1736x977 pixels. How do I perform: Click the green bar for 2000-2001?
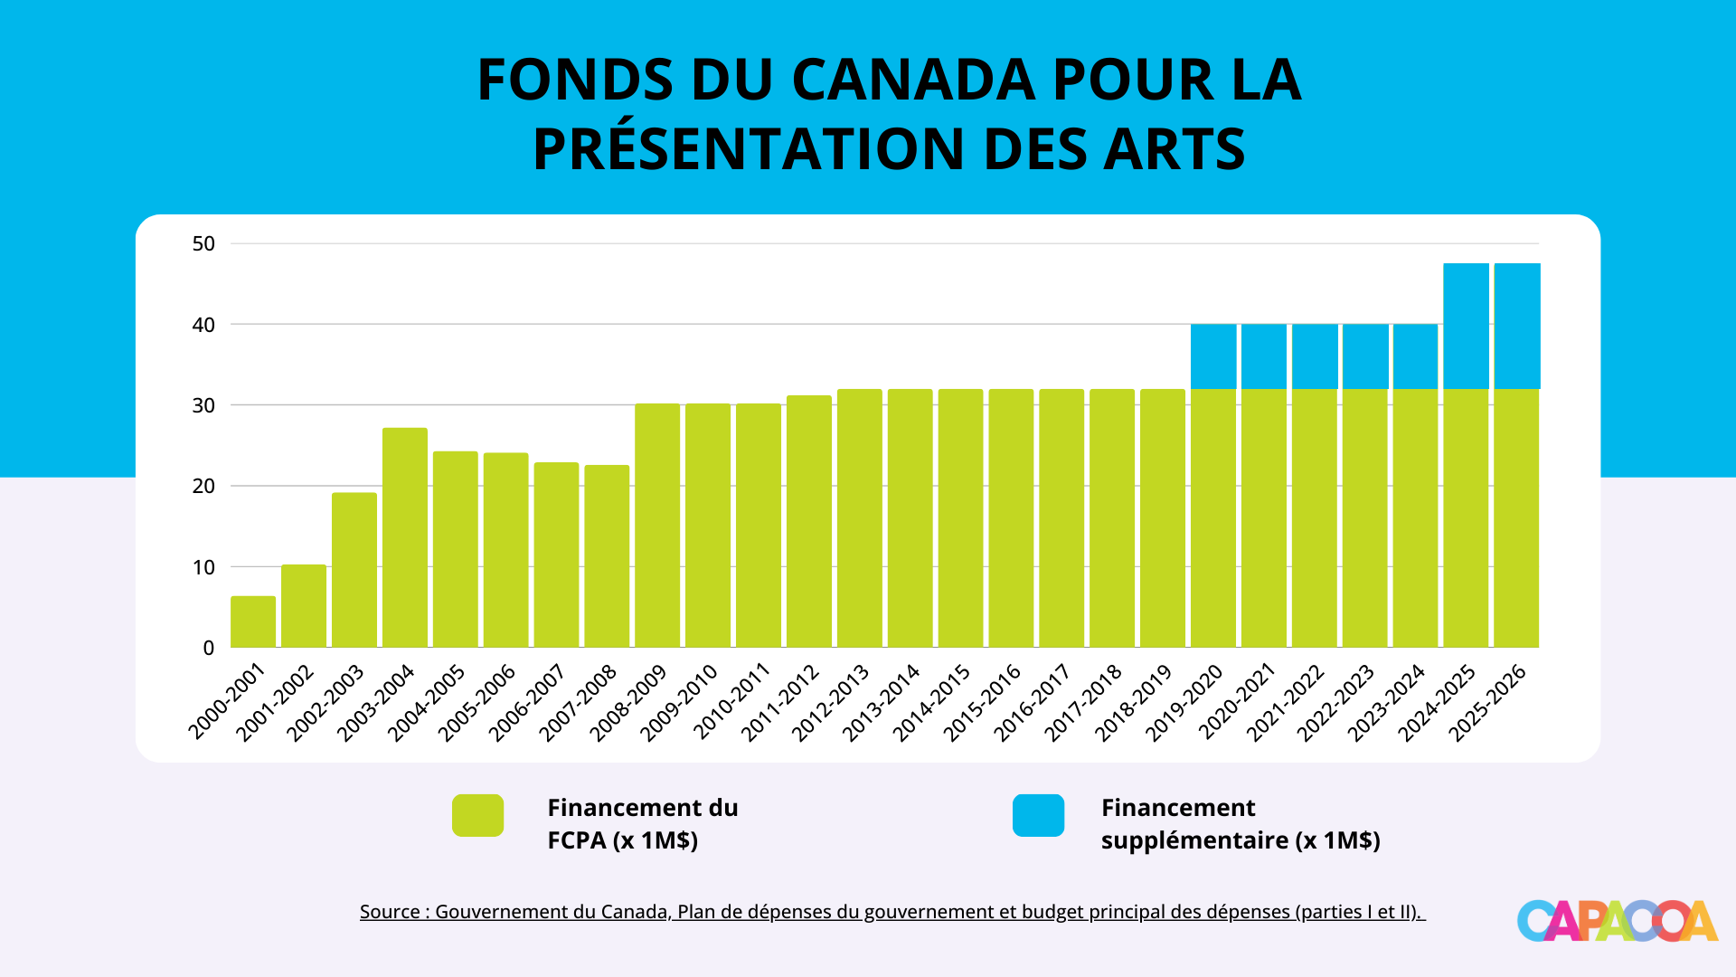pos(253,622)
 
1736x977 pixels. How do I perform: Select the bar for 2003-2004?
pos(405,538)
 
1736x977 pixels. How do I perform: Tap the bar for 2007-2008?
pos(607,556)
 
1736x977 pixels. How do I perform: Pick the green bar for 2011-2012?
pos(809,522)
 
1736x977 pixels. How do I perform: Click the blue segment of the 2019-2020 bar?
pos(1213,356)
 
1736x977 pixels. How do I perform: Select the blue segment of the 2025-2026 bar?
pos(1517,327)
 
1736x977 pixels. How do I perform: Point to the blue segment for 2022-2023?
pos(1365,356)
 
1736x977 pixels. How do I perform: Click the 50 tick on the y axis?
pos(203,243)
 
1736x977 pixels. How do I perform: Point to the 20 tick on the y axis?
pos(203,487)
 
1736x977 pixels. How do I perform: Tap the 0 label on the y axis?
pos(209,648)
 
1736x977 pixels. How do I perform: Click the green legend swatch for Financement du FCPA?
pos(477,815)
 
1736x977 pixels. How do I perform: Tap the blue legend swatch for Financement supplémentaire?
pos(1038,815)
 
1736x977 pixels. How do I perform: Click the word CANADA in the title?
pos(913,80)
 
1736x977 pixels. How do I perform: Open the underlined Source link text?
pos(892,912)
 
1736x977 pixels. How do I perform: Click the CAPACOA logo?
pos(1617,921)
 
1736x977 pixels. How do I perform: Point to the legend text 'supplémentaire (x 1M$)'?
pos(1241,840)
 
